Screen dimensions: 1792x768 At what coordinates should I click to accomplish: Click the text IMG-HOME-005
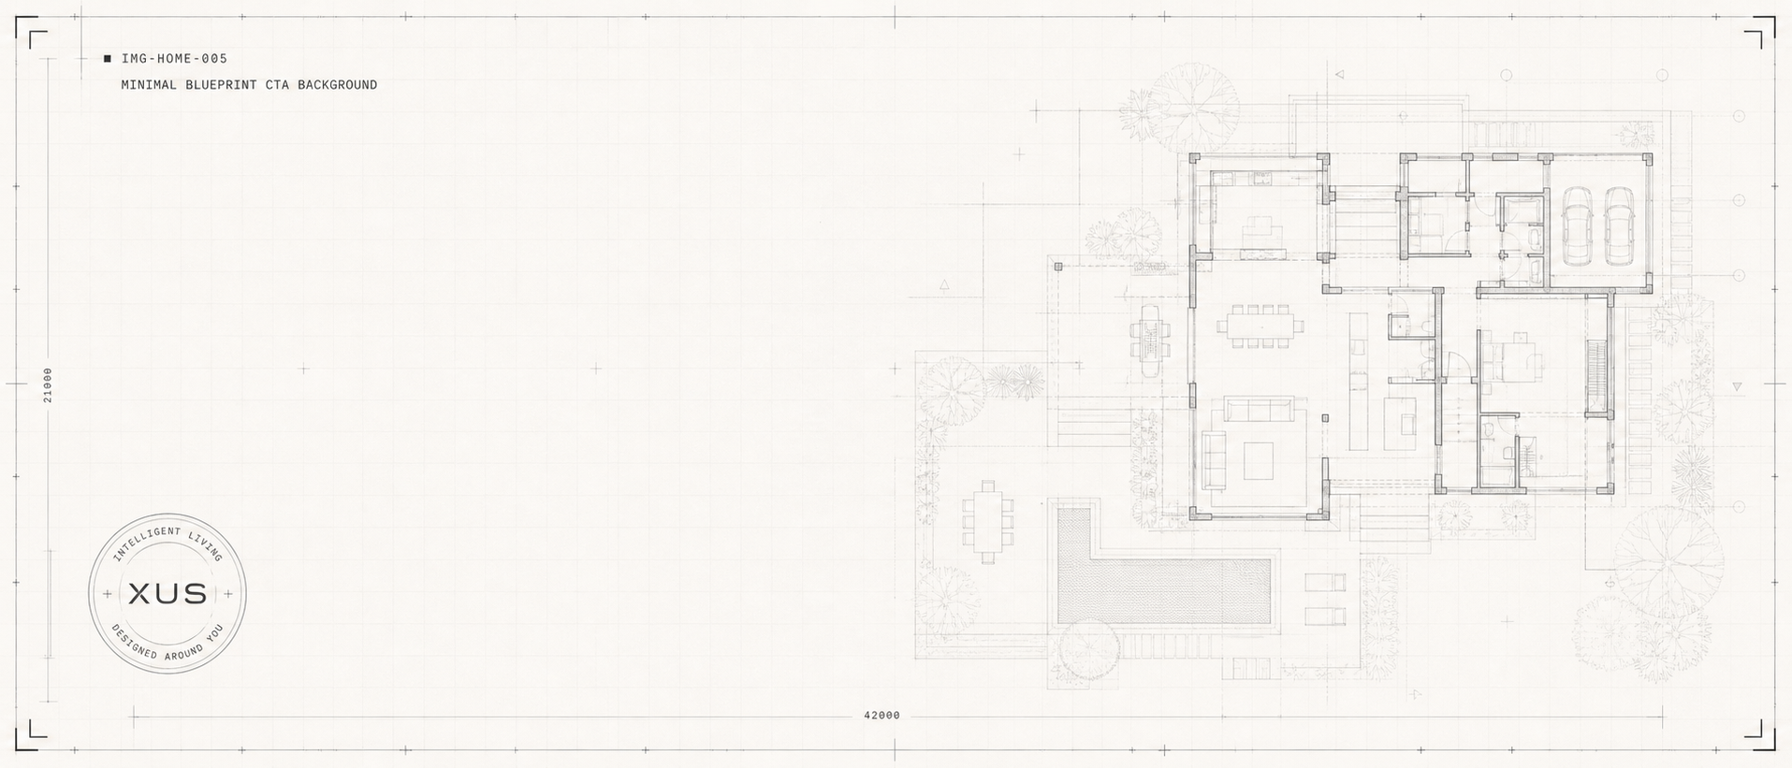pyautogui.click(x=174, y=59)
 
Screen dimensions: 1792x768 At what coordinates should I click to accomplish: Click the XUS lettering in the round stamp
pyautogui.click(x=168, y=594)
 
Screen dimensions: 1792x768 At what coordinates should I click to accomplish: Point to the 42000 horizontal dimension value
pyautogui.click(x=881, y=716)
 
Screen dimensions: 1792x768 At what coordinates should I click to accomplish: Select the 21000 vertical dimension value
pyautogui.click(x=48, y=384)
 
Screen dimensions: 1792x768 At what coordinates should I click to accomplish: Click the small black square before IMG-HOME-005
pyautogui.click(x=108, y=59)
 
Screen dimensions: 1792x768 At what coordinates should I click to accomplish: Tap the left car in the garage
pyautogui.click(x=1578, y=225)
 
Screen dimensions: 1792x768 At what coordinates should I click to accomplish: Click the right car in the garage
pyautogui.click(x=1619, y=225)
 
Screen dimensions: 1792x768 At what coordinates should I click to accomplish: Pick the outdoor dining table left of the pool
pyautogui.click(x=987, y=522)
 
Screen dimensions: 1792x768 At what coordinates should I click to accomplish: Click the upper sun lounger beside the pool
pyautogui.click(x=1325, y=583)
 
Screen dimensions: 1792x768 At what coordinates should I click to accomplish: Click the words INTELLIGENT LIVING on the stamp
pyautogui.click(x=168, y=543)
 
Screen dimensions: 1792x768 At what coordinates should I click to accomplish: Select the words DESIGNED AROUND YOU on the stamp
pyautogui.click(x=168, y=644)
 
